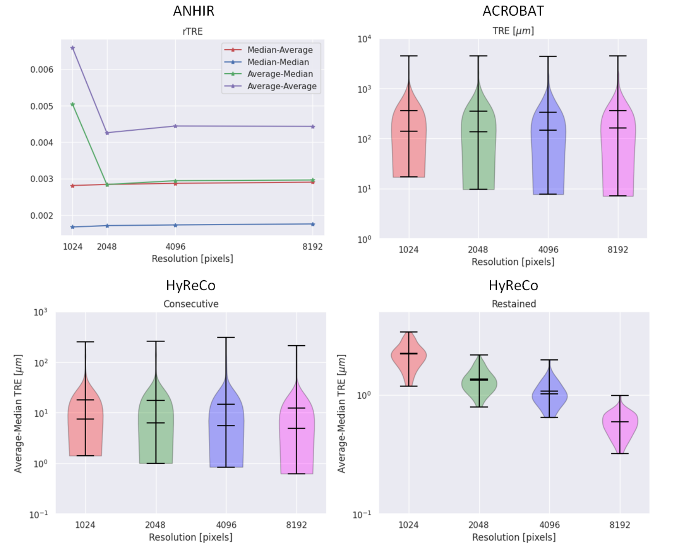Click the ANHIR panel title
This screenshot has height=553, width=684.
coord(194,11)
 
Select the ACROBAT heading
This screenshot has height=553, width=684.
coord(513,11)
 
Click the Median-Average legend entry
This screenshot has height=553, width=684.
coord(280,50)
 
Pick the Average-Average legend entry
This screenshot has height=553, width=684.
coord(282,86)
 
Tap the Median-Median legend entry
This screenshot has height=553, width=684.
coord(278,62)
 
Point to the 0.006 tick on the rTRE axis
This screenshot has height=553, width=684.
coord(42,70)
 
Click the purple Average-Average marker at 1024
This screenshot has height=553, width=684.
coord(73,48)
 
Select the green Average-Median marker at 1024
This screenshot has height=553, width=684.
coord(73,104)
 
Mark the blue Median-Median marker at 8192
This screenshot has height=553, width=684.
coord(313,224)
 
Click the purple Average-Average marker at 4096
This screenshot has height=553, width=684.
coord(176,126)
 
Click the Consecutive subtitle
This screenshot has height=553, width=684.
coord(191,304)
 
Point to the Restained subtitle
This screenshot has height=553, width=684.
coord(514,304)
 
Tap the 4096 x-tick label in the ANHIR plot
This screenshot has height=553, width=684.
coord(176,247)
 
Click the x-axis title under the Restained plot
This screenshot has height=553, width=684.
coord(514,537)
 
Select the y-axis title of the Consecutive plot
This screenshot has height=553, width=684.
coord(18,414)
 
